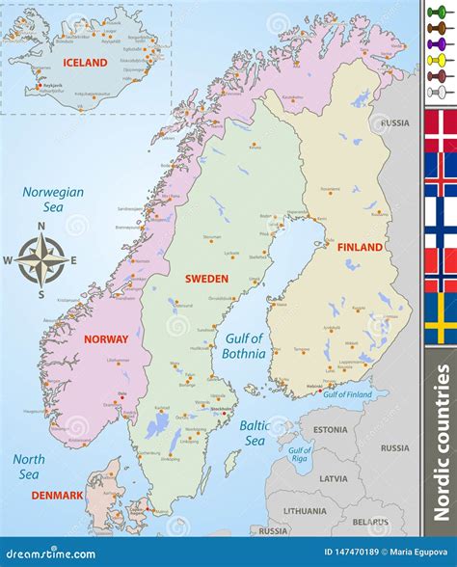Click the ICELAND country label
click(x=85, y=63)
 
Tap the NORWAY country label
click(x=105, y=339)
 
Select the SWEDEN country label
click(x=206, y=279)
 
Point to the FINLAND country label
click(x=360, y=247)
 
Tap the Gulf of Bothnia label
click(x=245, y=345)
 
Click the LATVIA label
click(x=334, y=478)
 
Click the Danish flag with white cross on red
click(x=441, y=130)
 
